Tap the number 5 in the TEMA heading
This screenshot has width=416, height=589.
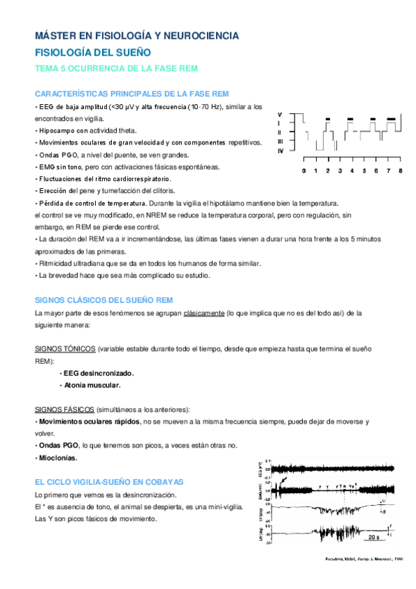(66, 69)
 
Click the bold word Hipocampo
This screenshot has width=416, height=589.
(57, 131)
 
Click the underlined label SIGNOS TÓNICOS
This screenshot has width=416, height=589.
(65, 349)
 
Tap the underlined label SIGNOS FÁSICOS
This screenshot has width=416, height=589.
(65, 409)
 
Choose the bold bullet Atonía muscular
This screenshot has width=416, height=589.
(92, 385)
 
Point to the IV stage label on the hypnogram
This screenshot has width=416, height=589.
(280, 151)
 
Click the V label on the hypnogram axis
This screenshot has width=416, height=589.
(280, 114)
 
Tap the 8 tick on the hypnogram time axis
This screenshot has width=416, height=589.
(401, 170)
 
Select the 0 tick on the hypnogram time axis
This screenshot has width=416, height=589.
(303, 170)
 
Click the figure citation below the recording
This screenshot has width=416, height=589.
(364, 559)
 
